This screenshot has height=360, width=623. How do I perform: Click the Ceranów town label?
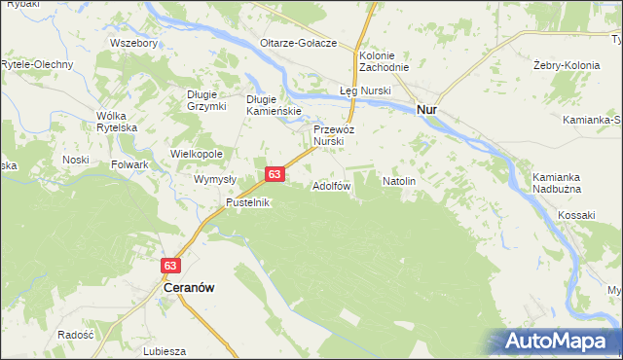pos(188,289)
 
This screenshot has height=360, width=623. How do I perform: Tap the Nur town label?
pos(426,111)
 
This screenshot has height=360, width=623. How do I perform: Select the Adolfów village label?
pos(331,185)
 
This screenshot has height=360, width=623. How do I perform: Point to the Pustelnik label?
pos(247,202)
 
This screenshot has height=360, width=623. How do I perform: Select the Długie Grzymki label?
pos(206,100)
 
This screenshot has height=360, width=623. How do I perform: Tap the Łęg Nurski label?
pos(365,90)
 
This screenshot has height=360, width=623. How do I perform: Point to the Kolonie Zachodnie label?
pos(384,61)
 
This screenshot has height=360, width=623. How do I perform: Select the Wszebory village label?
pos(134,44)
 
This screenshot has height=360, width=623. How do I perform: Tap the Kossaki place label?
pos(576,213)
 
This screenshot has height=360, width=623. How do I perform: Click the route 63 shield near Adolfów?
pos(275,174)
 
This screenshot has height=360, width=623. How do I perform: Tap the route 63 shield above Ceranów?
pos(170,265)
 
